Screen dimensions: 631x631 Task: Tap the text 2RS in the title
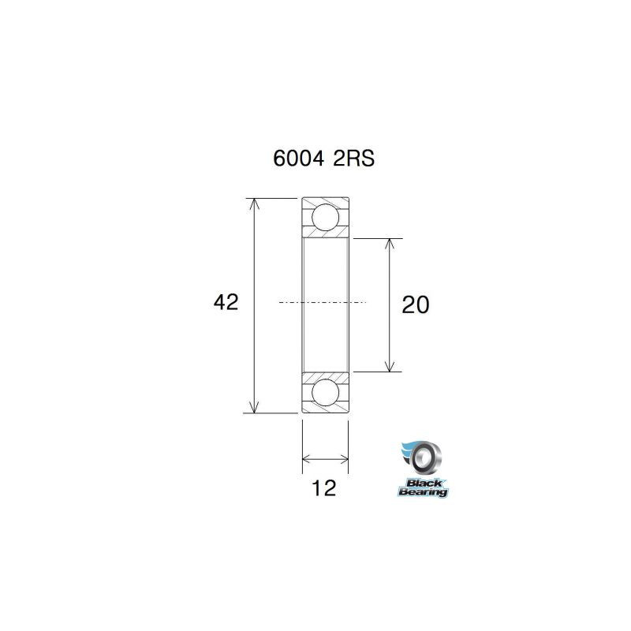(353, 159)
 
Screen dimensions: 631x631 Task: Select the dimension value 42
(226, 303)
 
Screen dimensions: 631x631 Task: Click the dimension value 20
(415, 304)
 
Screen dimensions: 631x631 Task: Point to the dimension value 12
(324, 488)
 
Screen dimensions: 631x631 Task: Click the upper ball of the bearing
(325, 216)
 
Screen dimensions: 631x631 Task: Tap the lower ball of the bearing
(325, 392)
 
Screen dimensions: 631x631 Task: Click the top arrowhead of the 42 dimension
(253, 203)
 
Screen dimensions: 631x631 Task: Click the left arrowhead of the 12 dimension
(307, 457)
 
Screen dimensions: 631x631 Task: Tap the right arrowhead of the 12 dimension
(344, 457)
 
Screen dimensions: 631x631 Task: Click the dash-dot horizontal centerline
(323, 302)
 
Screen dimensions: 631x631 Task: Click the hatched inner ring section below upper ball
(325, 233)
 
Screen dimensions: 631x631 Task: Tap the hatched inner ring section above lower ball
(325, 375)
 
